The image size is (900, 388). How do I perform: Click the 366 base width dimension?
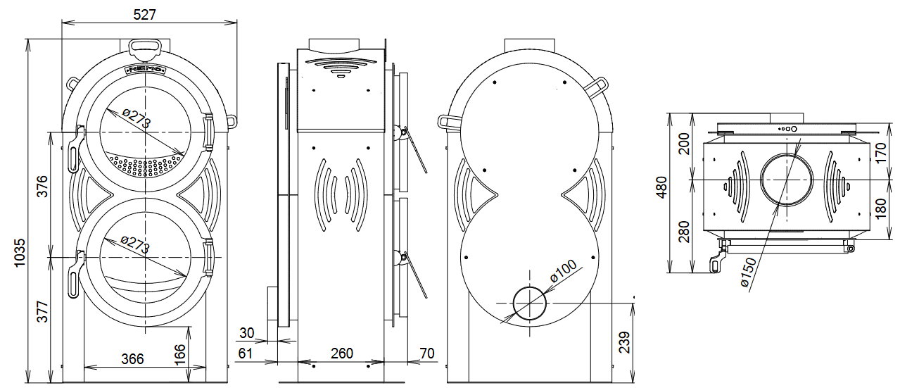point(132,359)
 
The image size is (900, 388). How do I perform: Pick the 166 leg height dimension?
point(179,350)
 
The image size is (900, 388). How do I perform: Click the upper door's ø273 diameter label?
point(136,119)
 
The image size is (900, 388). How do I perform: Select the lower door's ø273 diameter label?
point(135,244)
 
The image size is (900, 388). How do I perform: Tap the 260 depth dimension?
point(341,353)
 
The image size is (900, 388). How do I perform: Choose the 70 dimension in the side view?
point(426,353)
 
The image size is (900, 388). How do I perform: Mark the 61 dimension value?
point(246,353)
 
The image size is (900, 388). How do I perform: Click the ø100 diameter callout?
point(563,271)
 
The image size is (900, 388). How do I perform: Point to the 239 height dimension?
point(624,342)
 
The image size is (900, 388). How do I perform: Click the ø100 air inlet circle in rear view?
point(530,303)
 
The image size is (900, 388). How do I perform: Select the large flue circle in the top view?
point(788,180)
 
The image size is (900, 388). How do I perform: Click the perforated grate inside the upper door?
point(146,165)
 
